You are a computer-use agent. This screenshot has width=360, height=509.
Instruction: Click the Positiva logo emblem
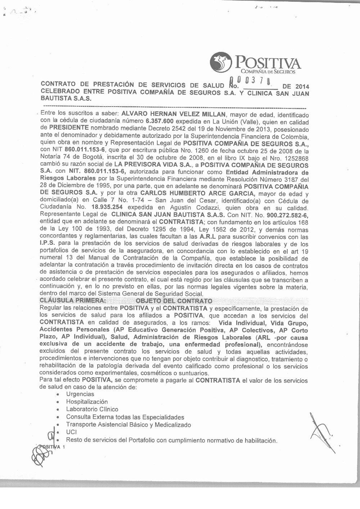click(x=220, y=62)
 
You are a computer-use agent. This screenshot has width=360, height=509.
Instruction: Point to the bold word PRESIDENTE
click(x=69, y=129)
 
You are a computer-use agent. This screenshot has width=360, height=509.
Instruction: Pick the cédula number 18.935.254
click(x=107, y=207)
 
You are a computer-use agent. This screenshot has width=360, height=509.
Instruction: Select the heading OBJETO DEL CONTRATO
click(x=174, y=301)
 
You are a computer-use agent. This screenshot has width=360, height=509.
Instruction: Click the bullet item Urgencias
click(x=80, y=394)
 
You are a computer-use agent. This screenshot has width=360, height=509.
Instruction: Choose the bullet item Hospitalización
click(x=87, y=402)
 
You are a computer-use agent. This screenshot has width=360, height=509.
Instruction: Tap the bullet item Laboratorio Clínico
click(x=92, y=409)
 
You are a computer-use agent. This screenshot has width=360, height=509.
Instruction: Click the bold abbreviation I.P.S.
click(x=47, y=244)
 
